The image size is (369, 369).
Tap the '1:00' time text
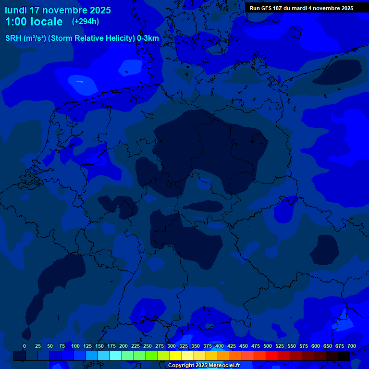coord(16,22)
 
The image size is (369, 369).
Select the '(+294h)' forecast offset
coord(86,22)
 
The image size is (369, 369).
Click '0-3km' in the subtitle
coord(148,38)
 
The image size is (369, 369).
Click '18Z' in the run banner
coord(278,8)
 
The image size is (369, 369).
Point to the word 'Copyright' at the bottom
coord(181,366)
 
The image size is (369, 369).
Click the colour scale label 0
coord(25,346)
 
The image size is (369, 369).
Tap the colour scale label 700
coord(351,346)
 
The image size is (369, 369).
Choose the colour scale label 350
coord(196,346)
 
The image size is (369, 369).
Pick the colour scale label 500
coord(268,346)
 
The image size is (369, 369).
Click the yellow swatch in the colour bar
coord(176,356)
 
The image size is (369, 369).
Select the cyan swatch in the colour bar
coord(116,356)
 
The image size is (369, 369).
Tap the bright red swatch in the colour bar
coord(272,356)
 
